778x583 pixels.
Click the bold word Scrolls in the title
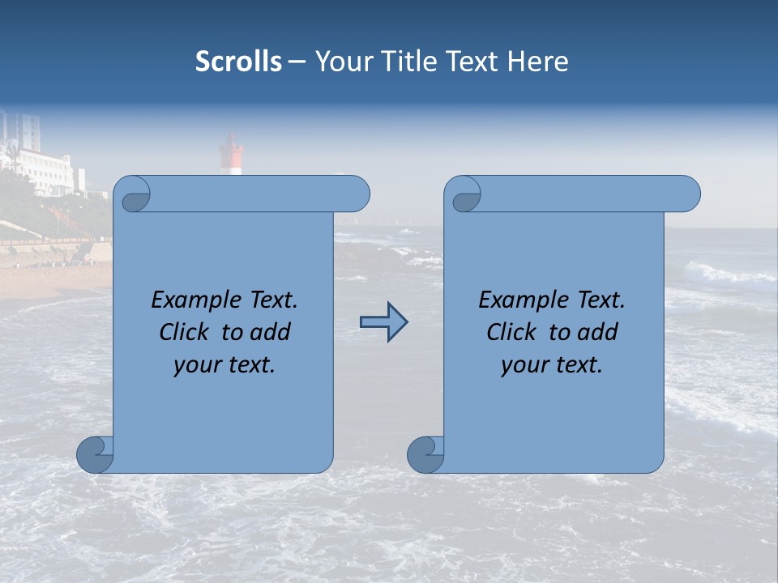tap(238, 61)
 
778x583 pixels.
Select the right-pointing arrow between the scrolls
tap(383, 322)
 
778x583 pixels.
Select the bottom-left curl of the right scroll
tap(426, 454)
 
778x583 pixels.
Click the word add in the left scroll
tap(271, 332)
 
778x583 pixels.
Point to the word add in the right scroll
tap(598, 332)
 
